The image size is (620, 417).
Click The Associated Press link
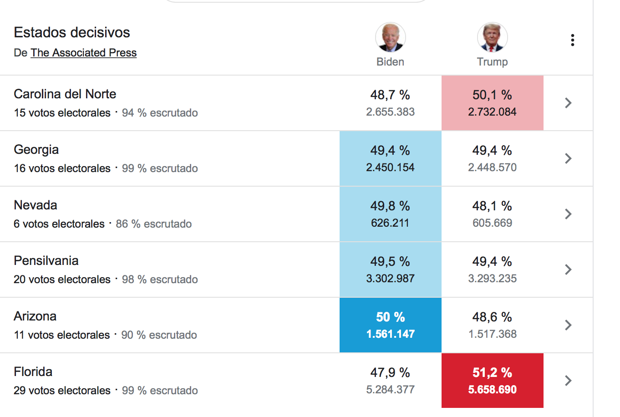pos(83,53)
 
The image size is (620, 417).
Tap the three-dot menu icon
pos(572,40)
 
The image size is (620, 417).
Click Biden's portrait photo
pos(390,37)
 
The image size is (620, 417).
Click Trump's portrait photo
pos(492,37)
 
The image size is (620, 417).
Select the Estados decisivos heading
pos(72,32)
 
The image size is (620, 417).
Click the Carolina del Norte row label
pos(65,94)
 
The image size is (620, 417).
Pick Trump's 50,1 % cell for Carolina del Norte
pos(493,103)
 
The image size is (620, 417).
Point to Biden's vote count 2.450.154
pos(390,167)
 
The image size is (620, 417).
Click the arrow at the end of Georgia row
pos(568,158)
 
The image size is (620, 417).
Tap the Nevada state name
pos(36,205)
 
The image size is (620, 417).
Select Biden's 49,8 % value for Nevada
pos(390,206)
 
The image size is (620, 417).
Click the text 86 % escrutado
pos(153,224)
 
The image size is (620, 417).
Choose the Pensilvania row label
pos(46,261)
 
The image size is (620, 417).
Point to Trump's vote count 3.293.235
pos(493,278)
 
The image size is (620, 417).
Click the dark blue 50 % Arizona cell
pos(390,325)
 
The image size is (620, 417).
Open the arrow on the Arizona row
pos(568,325)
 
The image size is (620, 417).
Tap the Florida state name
pos(33,372)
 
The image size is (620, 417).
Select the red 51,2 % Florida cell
pos(493,381)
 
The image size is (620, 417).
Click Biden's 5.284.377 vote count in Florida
pos(390,389)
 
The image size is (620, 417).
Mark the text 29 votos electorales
pos(62,391)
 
